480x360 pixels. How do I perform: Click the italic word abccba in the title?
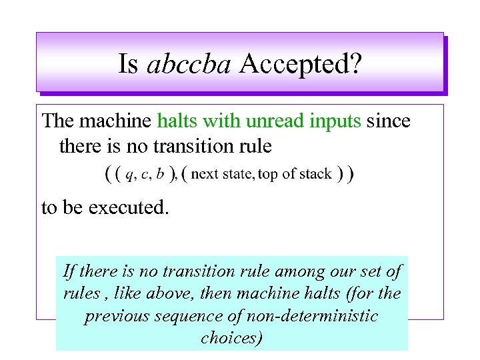pyautogui.click(x=189, y=64)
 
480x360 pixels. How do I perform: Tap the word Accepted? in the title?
pyautogui.click(x=301, y=64)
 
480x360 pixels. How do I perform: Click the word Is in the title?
pyautogui.click(x=129, y=64)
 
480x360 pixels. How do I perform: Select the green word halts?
pyautogui.click(x=177, y=121)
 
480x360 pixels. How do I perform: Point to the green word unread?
pyautogui.click(x=273, y=121)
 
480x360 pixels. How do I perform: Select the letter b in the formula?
pyautogui.click(x=162, y=174)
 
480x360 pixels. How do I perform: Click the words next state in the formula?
pyautogui.click(x=221, y=174)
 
